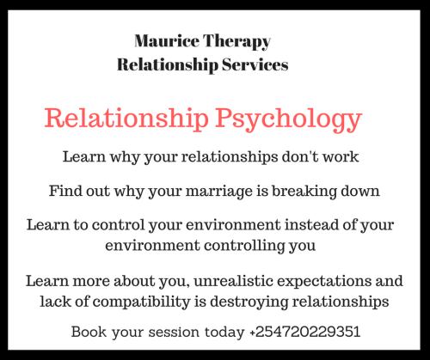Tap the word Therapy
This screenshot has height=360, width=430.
[x=239, y=41]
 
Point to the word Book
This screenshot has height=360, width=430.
[x=89, y=332]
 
